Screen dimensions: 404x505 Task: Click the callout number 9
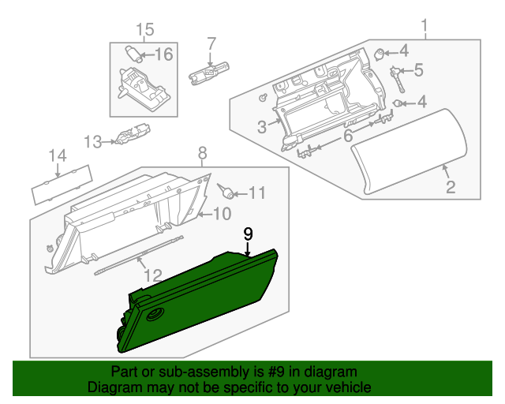tap(248, 234)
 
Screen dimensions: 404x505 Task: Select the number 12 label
tap(152, 275)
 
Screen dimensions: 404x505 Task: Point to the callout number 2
tap(451, 187)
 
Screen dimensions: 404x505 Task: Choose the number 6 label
tap(347, 137)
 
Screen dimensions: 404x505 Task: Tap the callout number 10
tap(222, 213)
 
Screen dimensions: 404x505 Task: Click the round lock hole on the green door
tap(151, 315)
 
